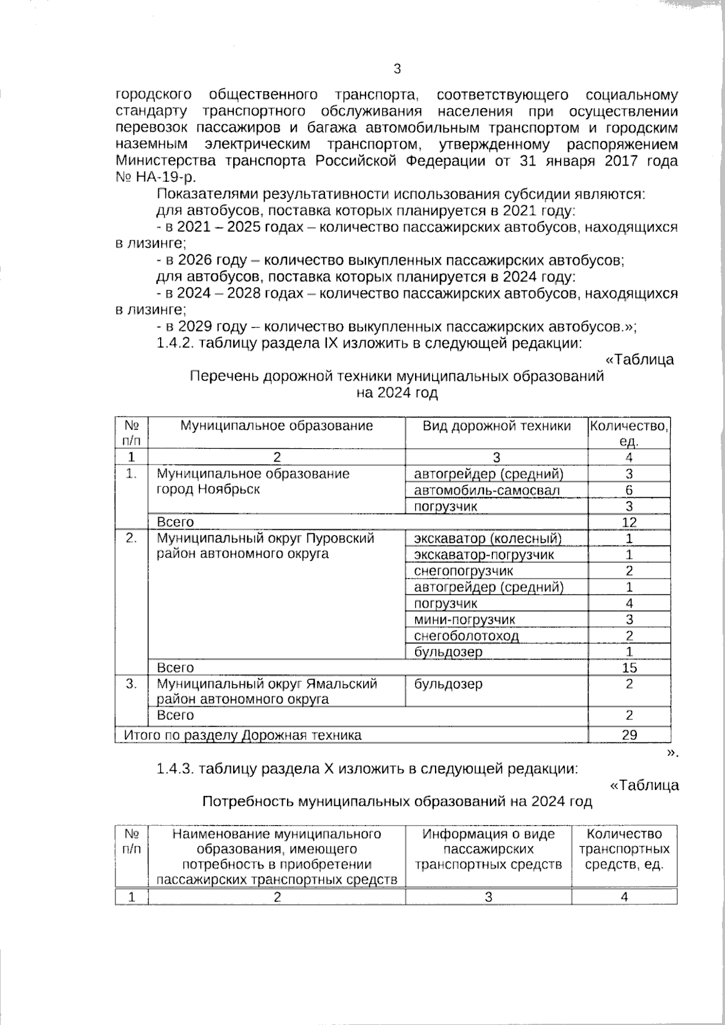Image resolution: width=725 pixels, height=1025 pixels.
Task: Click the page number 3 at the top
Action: (397, 69)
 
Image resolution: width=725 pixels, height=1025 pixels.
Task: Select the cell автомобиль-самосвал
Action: (487, 490)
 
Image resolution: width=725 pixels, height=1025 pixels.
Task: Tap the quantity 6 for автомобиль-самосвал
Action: (629, 490)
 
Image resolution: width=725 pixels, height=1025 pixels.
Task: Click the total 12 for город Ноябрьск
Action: (629, 522)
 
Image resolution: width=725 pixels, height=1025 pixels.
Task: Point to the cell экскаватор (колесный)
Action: (488, 538)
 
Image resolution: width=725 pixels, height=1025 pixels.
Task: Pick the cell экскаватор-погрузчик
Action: (484, 554)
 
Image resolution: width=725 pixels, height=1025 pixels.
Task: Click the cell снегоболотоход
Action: (466, 635)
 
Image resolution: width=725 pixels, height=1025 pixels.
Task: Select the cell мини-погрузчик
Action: (465, 619)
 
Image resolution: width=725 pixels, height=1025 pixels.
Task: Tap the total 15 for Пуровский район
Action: (629, 667)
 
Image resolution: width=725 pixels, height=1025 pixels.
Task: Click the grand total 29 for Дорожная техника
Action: (629, 735)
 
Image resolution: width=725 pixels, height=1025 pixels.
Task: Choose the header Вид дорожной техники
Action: (496, 426)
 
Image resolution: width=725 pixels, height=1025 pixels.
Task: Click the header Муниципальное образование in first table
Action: (277, 426)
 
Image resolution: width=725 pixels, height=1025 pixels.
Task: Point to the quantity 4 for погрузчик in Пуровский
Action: (629, 603)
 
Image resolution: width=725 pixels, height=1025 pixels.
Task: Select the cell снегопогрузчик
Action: (463, 571)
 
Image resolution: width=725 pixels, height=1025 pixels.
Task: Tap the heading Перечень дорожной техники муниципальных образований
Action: (397, 376)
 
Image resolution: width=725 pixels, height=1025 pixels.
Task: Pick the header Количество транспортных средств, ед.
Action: (624, 849)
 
